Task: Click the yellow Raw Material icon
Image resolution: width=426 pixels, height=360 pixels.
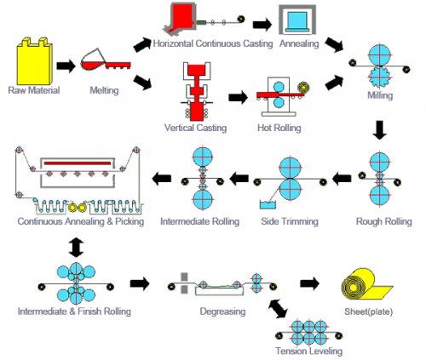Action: (33, 60)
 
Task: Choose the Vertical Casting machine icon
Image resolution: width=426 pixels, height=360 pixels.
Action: (198, 95)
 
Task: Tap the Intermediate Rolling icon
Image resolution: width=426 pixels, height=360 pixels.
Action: (204, 179)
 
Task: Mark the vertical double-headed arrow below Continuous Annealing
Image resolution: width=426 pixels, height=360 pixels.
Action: (78, 247)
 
